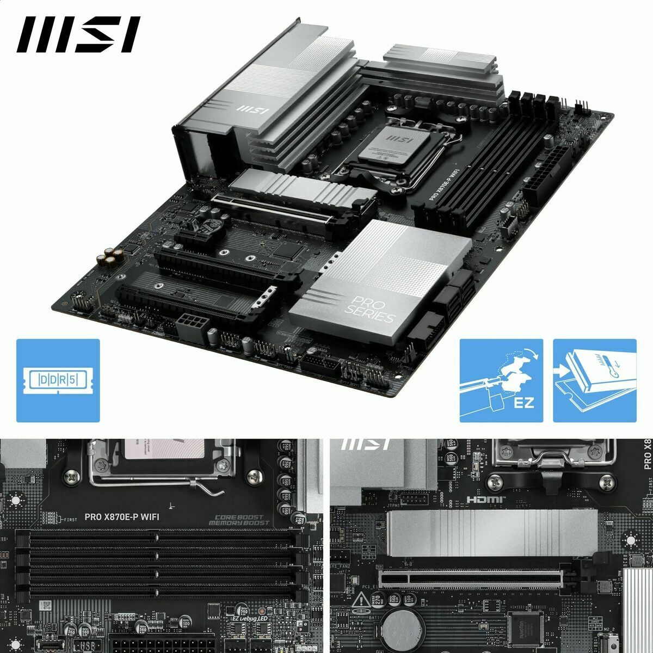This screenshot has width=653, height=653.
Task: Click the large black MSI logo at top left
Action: point(78,35)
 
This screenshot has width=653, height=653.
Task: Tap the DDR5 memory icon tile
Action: point(58,380)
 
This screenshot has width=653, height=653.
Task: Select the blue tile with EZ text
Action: point(501,380)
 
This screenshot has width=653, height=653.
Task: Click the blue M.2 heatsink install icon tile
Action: point(594,380)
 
